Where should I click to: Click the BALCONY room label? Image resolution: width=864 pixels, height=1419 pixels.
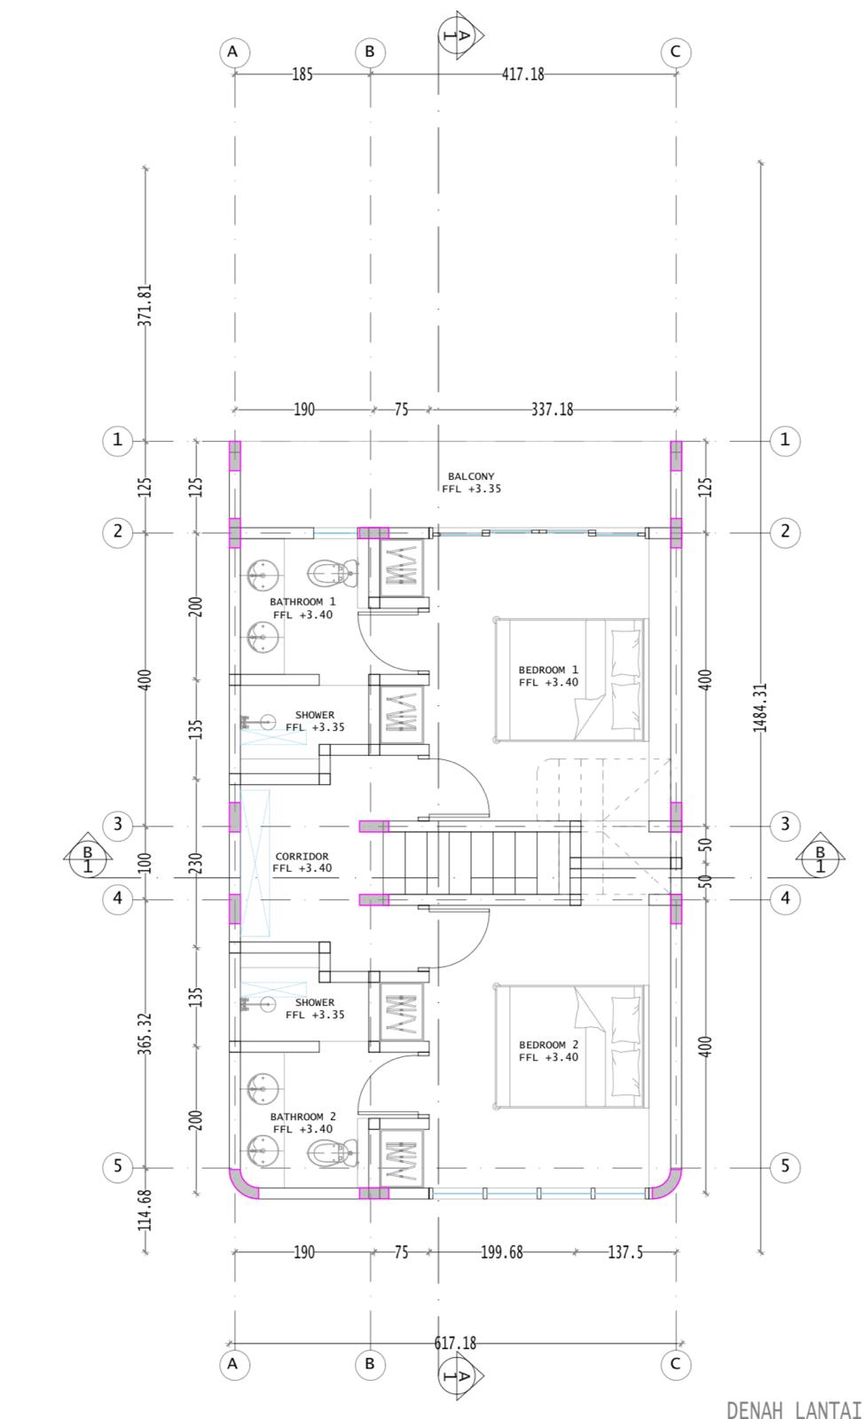(x=471, y=475)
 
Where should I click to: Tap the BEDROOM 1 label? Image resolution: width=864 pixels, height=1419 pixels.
(x=548, y=670)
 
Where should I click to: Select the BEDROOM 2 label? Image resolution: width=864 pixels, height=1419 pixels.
(x=548, y=1045)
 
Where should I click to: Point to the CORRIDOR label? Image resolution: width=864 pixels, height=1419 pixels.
(x=302, y=856)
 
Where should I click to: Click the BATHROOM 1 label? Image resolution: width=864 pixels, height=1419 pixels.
(x=302, y=601)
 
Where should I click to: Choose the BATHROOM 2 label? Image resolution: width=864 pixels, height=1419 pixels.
(x=302, y=1117)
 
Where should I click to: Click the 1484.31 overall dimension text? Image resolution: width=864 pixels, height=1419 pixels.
(x=760, y=707)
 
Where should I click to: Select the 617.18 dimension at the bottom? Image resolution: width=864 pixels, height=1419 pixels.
(x=455, y=1343)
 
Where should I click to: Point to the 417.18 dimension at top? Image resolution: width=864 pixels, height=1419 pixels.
(x=522, y=74)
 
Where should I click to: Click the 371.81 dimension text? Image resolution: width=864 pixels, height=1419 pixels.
(x=145, y=305)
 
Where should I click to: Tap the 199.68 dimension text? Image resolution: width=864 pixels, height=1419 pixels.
(x=502, y=1251)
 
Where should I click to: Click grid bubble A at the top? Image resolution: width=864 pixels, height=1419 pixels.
(x=233, y=52)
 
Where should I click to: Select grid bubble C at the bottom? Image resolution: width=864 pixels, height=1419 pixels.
(x=675, y=1364)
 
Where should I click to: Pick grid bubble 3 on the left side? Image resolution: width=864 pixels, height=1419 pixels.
(x=117, y=825)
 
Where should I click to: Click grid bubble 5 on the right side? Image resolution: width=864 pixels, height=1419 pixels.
(x=785, y=1165)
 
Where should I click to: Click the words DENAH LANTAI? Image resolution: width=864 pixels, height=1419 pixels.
(x=794, y=1409)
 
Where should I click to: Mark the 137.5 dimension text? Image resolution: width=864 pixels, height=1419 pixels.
(x=625, y=1251)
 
